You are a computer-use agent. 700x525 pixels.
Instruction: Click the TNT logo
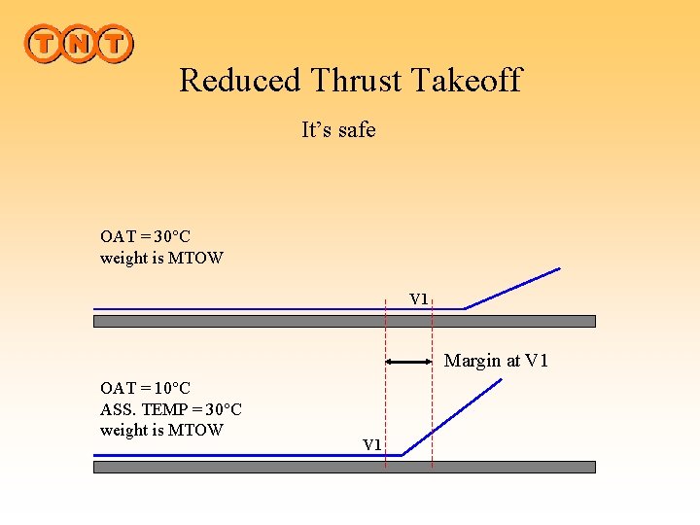[x=79, y=44]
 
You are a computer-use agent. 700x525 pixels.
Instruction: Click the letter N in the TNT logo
[x=79, y=44]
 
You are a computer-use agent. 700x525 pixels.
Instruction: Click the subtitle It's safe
[x=338, y=129]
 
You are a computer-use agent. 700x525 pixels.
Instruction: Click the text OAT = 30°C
[x=146, y=236]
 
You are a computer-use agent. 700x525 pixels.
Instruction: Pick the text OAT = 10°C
[x=146, y=388]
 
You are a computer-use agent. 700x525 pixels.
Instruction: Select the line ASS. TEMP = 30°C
[x=171, y=409]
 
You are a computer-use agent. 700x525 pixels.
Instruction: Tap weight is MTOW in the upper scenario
[x=161, y=258]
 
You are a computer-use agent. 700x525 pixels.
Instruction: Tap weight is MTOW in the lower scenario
[x=161, y=430]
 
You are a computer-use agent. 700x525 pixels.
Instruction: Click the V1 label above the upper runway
[x=418, y=298]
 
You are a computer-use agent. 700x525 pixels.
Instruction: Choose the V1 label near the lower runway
[x=372, y=444]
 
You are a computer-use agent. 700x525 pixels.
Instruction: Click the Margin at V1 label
[x=496, y=361]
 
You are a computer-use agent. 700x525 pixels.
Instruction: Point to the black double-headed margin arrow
[x=408, y=361]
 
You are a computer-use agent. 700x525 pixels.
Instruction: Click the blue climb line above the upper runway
[x=512, y=289]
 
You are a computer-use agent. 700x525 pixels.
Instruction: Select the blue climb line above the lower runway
[x=453, y=416]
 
